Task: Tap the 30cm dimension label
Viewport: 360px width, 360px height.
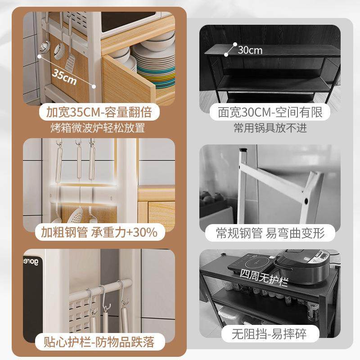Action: [250, 49]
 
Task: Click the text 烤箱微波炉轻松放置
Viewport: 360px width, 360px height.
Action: [98, 128]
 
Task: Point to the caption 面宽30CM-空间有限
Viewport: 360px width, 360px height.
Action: [270, 112]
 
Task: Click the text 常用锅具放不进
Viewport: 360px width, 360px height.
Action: [270, 128]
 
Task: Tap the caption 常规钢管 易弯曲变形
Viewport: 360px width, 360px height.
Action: [270, 233]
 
